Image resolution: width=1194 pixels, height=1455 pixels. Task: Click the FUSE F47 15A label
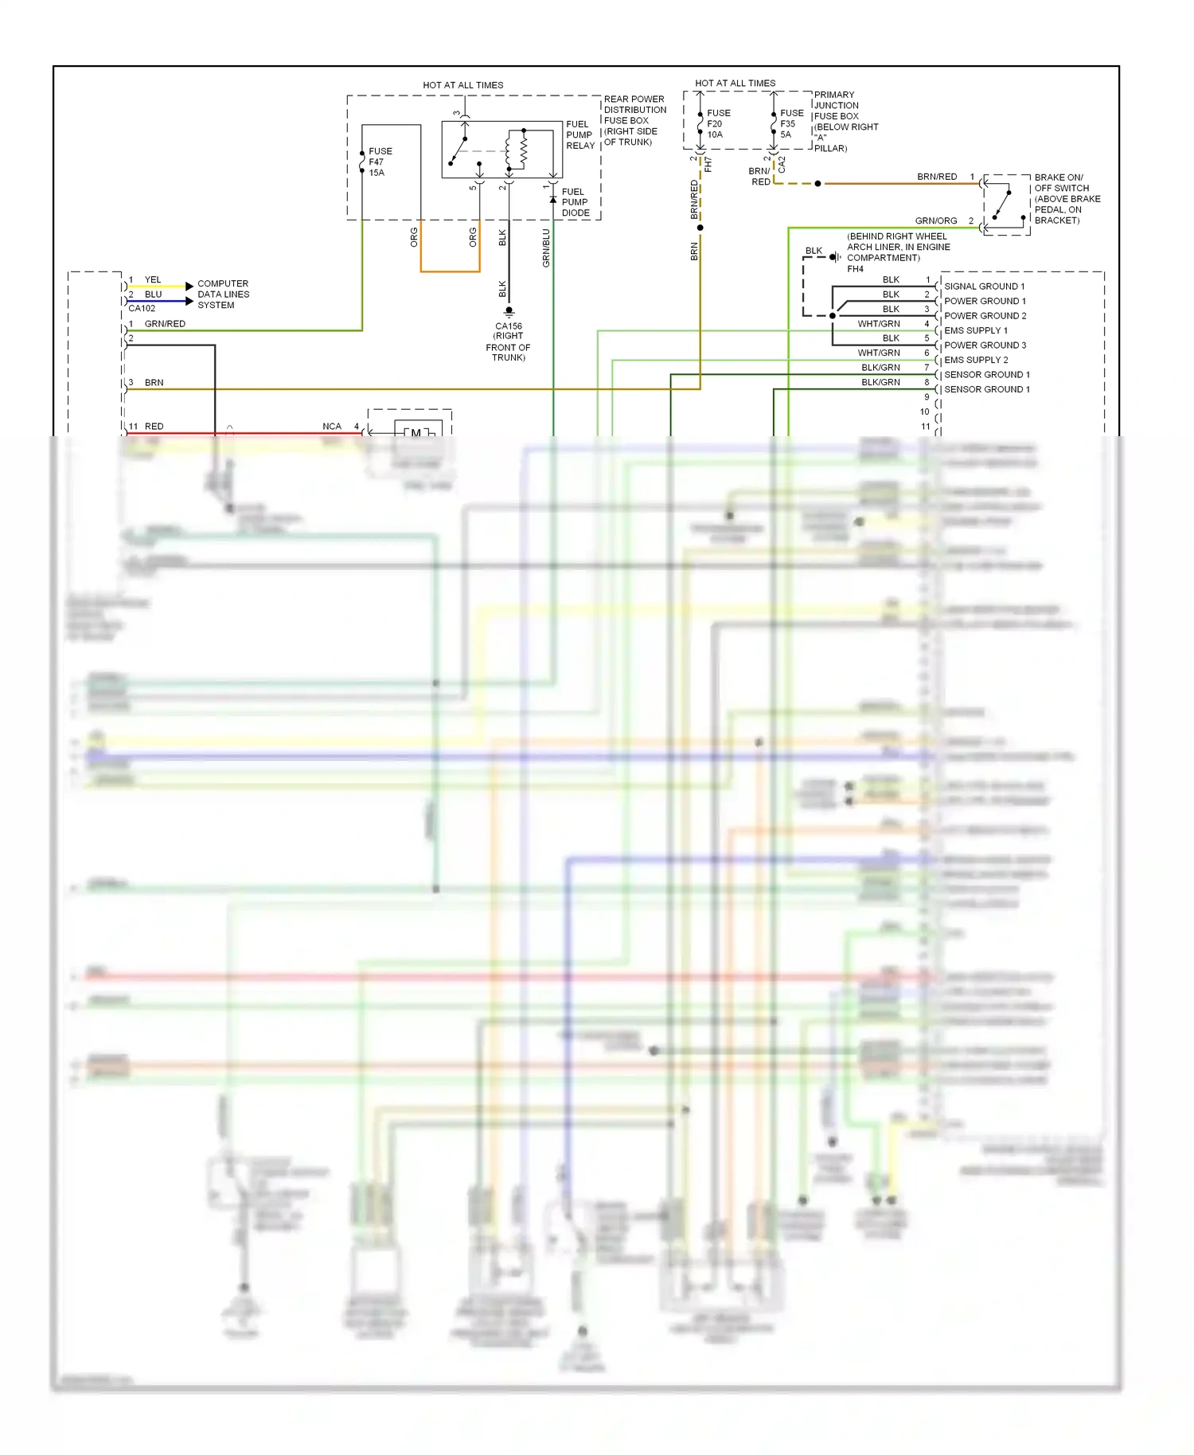380,162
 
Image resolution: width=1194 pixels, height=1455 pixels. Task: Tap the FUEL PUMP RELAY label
579,135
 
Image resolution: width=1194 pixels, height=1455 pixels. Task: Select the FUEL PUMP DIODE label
575,202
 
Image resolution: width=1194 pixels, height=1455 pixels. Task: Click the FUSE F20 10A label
718,124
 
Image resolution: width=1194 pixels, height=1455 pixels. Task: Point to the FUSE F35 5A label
791,124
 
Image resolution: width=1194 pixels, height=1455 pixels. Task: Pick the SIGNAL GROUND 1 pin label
984,287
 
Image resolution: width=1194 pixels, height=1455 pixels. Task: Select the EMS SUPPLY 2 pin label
976,360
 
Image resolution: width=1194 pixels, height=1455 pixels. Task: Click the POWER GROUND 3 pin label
985,345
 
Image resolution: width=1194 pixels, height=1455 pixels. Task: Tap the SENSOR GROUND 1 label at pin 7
986,375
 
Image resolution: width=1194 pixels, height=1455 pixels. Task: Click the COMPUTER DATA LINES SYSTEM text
223,295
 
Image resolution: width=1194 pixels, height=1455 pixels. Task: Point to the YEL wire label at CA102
153,280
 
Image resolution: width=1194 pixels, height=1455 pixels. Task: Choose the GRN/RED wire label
165,324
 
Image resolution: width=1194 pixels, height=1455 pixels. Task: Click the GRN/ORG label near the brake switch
935,220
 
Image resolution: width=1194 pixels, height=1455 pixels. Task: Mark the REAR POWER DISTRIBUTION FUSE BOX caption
634,121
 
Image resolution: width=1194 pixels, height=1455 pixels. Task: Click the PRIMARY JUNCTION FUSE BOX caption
845,121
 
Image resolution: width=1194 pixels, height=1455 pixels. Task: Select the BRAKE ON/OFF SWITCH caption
1067,199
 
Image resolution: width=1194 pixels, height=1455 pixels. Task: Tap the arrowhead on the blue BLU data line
189,302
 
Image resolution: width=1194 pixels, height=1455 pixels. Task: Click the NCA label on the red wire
332,427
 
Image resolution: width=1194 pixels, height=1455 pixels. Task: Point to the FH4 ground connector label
855,269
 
